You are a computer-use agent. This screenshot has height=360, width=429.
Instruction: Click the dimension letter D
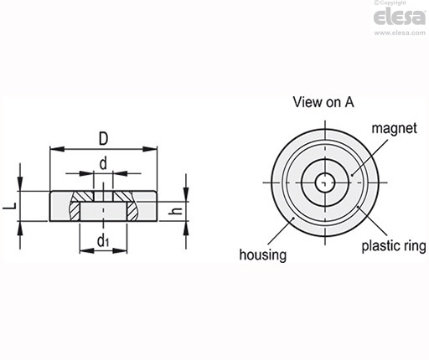[x=103, y=139]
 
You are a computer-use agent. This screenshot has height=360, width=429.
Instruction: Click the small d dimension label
[x=103, y=163]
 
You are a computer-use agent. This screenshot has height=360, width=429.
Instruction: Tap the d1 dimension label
[x=103, y=241]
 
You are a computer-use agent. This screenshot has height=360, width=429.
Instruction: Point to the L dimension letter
[x=10, y=206]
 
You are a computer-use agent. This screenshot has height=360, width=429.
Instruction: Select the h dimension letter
[x=176, y=212]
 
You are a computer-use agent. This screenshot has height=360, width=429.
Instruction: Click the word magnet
[x=394, y=128]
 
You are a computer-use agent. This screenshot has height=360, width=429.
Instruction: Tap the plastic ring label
[x=394, y=246]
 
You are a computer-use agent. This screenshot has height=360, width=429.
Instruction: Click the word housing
[x=263, y=255]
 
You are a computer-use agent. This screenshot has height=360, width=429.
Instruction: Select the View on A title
[x=323, y=102]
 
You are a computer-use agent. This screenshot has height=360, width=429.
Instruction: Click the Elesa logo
[x=400, y=17]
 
